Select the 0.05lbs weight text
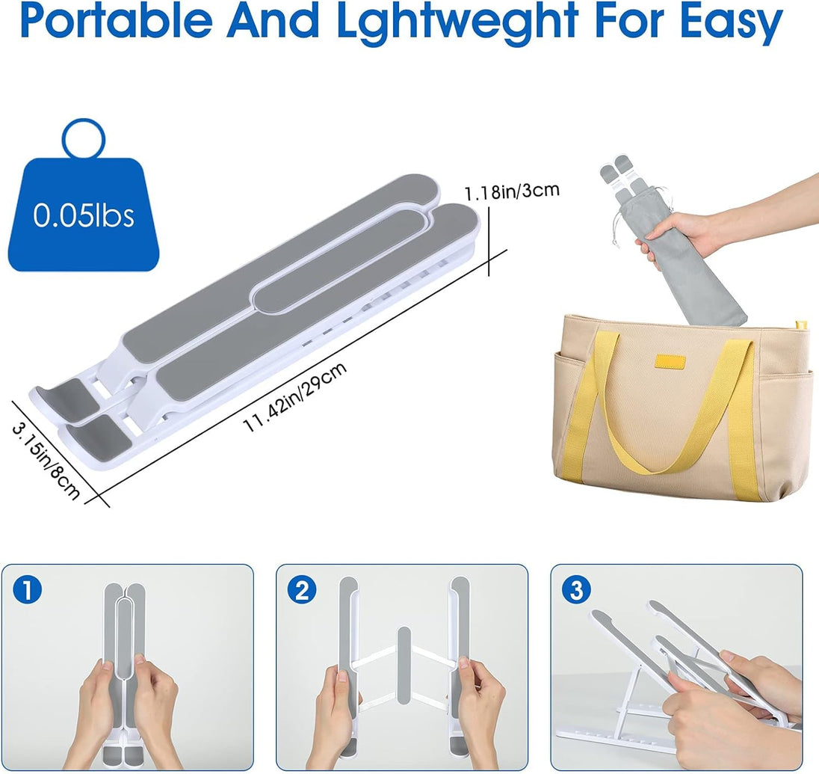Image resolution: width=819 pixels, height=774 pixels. (x=84, y=215)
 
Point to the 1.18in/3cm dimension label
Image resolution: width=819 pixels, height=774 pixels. (x=512, y=192)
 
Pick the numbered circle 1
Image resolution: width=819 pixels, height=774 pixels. (x=27, y=591)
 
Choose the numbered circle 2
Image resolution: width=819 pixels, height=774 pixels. (x=302, y=591)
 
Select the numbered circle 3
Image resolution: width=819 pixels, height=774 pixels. (x=576, y=591)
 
